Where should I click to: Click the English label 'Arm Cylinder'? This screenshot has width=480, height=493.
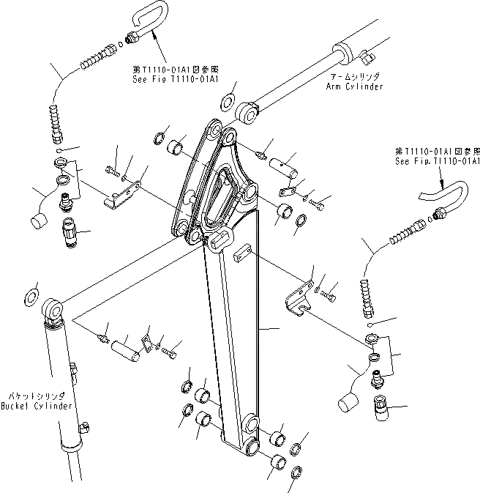click(x=354, y=86)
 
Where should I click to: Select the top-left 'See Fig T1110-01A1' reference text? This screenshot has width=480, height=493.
click(x=168, y=59)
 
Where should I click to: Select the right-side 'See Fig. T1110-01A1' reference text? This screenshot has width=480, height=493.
click(x=437, y=160)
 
